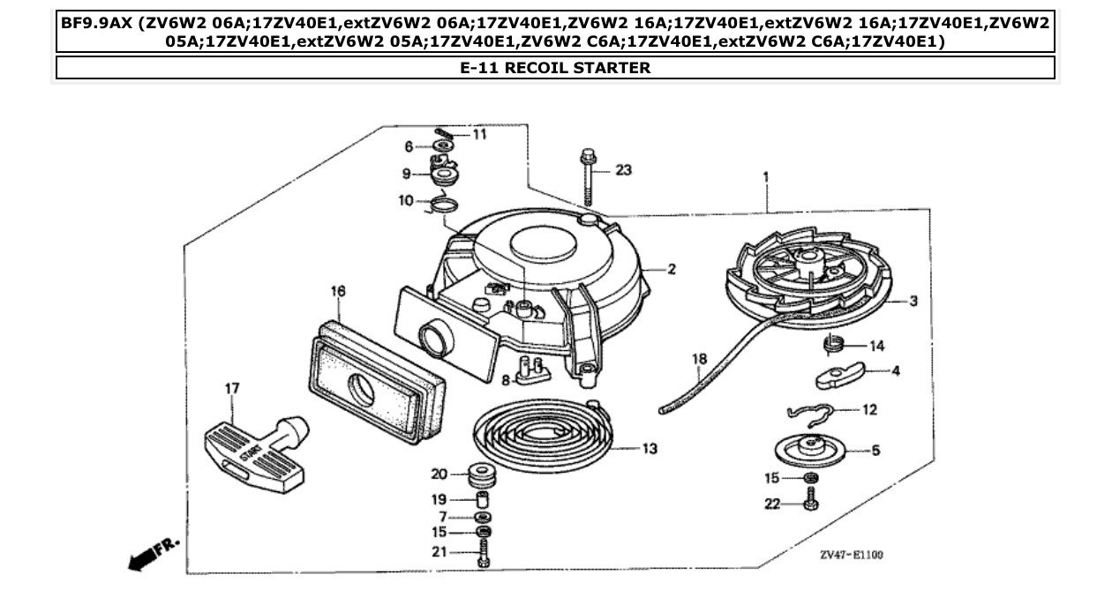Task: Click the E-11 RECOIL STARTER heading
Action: (555, 68)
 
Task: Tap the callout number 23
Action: (623, 170)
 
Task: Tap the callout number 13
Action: (649, 449)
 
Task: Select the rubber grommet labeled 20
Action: (482, 474)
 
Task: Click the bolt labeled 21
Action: (483, 553)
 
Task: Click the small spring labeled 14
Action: (833, 344)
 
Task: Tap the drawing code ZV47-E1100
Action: (851, 555)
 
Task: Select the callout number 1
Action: (765, 177)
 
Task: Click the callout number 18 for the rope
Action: (699, 359)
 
